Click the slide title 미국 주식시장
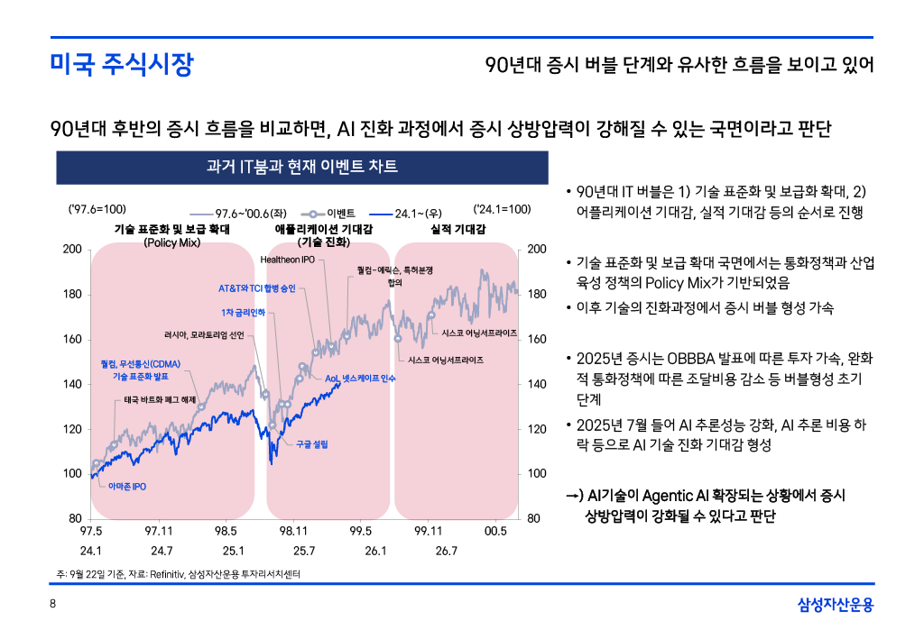[121, 66]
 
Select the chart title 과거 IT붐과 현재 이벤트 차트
[302, 167]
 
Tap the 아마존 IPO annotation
[126, 487]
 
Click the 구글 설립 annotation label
[312, 444]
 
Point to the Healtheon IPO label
[288, 260]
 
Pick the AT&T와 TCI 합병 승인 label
[256, 288]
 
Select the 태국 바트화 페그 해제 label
[159, 398]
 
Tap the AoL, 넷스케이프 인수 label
[360, 378]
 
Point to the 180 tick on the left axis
[71, 294]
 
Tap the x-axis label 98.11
[294, 532]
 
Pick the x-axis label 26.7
[446, 550]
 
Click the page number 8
[52, 605]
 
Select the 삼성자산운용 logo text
[836, 605]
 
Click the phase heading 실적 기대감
[458, 230]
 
